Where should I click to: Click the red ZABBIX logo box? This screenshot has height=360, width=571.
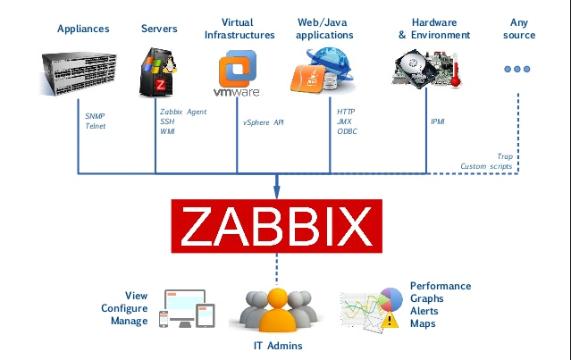276,225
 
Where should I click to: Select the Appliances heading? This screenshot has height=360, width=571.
83,29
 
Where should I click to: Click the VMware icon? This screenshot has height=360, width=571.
235,71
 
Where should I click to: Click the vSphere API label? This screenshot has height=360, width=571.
264,121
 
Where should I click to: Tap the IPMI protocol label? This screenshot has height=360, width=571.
438,121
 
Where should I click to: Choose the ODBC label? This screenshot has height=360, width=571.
347,131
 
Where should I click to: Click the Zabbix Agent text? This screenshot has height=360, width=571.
183,111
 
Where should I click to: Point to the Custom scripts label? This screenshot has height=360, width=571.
486,166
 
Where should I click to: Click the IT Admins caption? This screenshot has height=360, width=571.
277,346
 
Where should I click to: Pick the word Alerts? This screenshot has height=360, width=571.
425,311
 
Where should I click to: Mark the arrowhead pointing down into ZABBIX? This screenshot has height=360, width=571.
276,191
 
